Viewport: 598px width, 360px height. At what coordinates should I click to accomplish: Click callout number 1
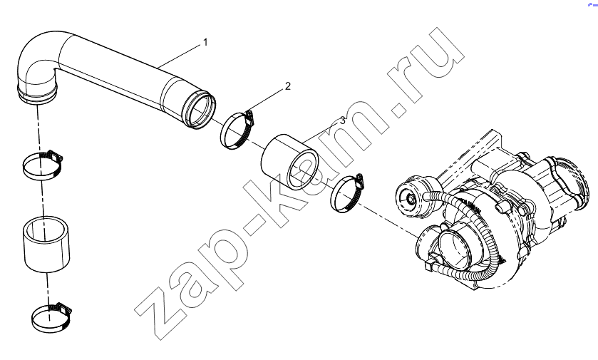[x=205, y=42]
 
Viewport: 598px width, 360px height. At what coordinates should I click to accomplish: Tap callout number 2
[x=287, y=86]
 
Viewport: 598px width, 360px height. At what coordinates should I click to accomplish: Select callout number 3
[x=342, y=120]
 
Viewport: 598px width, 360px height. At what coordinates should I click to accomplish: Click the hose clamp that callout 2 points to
[x=237, y=130]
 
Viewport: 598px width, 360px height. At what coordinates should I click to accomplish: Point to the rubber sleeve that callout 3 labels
[x=289, y=162]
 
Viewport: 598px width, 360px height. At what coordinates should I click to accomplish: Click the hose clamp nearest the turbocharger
[x=346, y=193]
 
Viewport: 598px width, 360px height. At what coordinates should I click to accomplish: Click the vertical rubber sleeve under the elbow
[x=47, y=245]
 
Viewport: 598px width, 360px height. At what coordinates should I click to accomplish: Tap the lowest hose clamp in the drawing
[x=52, y=317]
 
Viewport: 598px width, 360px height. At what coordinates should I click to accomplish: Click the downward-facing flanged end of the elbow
[x=37, y=96]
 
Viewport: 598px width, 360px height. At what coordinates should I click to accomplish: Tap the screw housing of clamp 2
[x=249, y=118]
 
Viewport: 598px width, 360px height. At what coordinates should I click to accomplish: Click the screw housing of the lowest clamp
[x=64, y=307]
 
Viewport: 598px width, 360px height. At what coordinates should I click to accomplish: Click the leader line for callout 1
[x=179, y=56]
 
